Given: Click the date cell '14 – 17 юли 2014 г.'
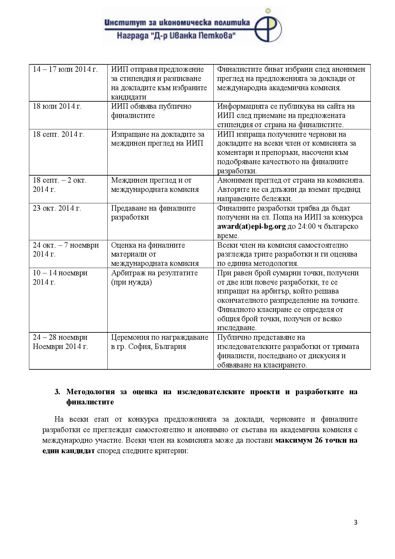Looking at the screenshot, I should pos(65,69).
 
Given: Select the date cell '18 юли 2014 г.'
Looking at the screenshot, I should pos(57,106).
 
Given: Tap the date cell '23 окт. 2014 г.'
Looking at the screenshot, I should pos(57,208).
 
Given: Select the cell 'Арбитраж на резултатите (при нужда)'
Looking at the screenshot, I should pos(154,278).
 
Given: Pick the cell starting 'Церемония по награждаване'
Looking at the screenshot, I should pos(159,342).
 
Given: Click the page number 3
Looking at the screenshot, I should pos(355,522).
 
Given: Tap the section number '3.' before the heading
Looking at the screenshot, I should pos(57,392).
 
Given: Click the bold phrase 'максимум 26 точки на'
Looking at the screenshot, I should pos(316,440).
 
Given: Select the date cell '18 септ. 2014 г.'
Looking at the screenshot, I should pos(59,134).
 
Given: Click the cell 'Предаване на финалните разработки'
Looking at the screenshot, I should pos(153,213).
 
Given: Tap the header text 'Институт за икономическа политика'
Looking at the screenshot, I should pos(177,22).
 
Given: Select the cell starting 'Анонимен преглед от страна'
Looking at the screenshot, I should pos(290,189).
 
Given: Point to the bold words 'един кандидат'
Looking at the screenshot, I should pos(68,451).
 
